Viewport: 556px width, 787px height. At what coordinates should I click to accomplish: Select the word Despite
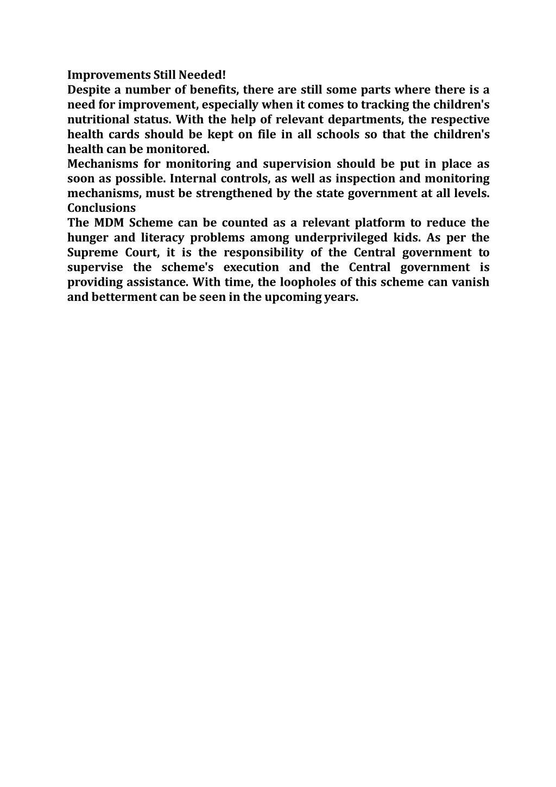(89, 90)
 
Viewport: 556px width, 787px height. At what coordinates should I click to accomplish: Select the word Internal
(193, 178)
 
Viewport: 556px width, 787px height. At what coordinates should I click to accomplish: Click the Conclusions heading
(102, 208)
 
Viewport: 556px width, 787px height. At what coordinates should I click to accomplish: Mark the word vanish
(470, 282)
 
